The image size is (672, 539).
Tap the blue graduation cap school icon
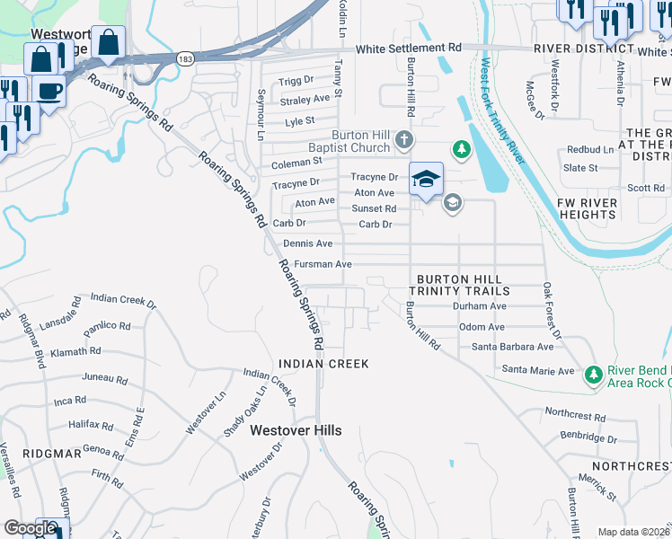point(426,178)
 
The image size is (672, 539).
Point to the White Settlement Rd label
point(408,48)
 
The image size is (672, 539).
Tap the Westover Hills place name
point(296,430)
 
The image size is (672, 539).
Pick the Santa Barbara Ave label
point(513,347)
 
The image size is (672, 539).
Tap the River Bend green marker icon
point(592,373)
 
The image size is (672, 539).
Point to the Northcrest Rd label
point(575,415)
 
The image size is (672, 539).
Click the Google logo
point(30,528)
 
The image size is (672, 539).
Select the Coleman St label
point(296,162)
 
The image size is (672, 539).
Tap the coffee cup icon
point(49,91)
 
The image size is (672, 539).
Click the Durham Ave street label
point(480,306)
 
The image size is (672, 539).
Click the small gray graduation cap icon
point(452,202)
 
